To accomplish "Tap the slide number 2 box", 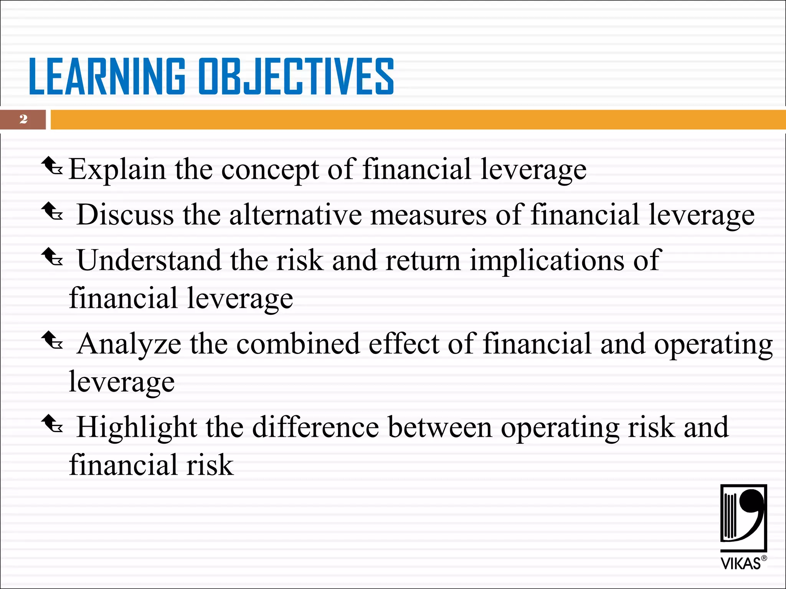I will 23,119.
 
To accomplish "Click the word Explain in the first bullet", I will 117,169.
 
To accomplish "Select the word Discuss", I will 125,215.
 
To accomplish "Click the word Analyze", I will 129,344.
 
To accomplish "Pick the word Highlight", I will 137,428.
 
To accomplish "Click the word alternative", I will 296,215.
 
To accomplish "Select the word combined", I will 298,344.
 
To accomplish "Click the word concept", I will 270,170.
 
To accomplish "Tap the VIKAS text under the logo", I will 740,564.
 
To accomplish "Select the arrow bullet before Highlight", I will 52,424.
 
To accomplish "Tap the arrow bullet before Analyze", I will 52,341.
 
